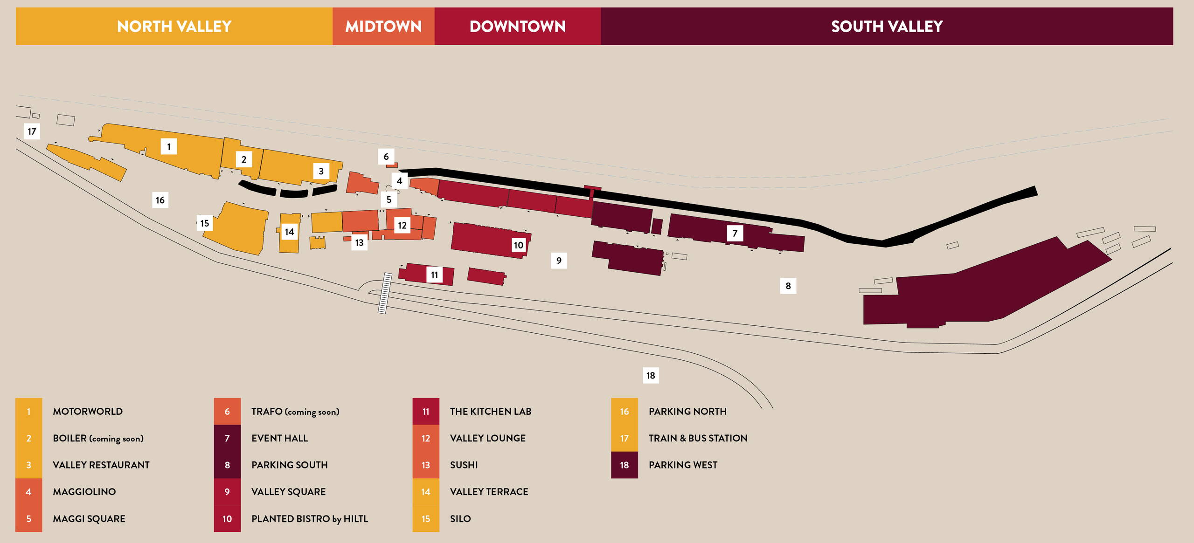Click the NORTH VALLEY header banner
pos(174,26)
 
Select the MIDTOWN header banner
pos(383,26)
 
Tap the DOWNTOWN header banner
pos(517,26)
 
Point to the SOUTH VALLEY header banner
pos(887,26)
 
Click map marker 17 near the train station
pos(32,131)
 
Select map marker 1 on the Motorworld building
pos(169,146)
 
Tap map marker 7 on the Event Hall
pos(735,233)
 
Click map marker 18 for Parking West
pos(651,375)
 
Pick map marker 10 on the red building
pos(519,245)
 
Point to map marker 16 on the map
pos(160,200)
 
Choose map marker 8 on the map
pos(788,286)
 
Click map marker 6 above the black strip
pos(386,157)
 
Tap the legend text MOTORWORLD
pos(88,411)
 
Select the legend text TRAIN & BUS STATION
pos(698,438)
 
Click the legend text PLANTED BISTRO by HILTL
pos(310,519)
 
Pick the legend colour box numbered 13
pos(426,465)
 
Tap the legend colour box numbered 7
pos(227,438)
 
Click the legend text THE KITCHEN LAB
pos(491,411)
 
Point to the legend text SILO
pos(460,519)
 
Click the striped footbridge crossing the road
pos(385,293)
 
